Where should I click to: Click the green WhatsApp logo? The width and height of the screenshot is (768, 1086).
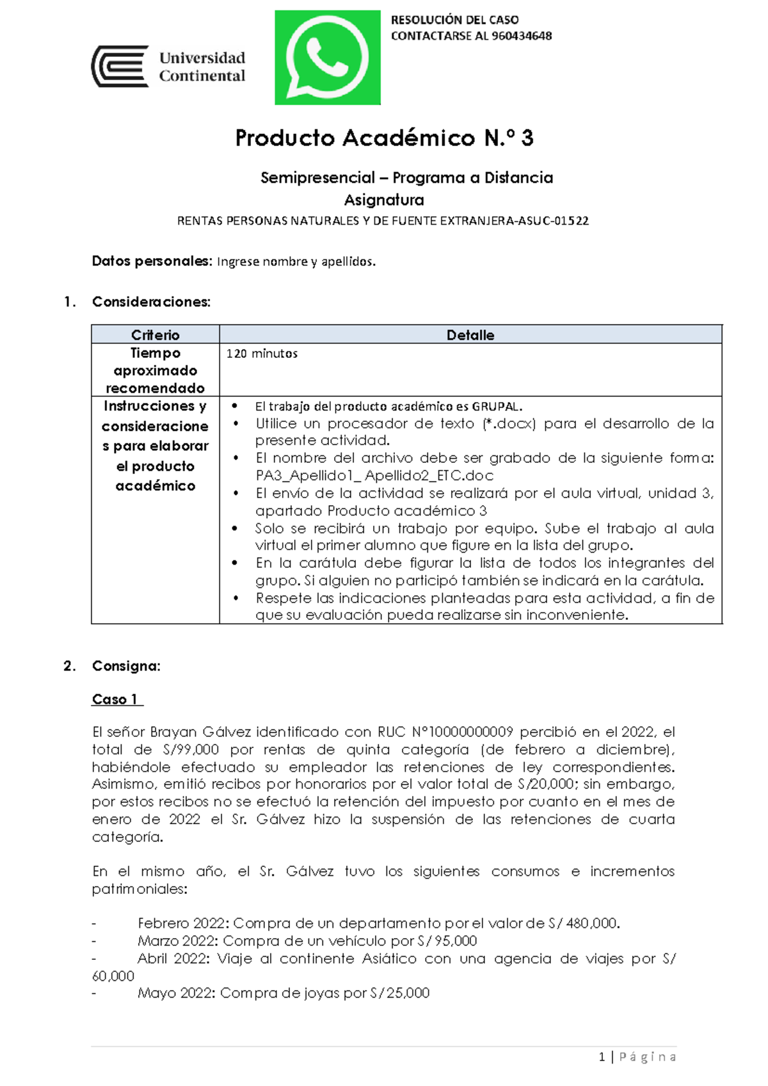pyautogui.click(x=327, y=58)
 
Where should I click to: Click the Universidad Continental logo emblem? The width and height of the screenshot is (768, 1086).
pyautogui.click(x=120, y=67)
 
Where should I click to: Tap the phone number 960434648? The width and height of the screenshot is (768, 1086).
pyautogui.click(x=522, y=36)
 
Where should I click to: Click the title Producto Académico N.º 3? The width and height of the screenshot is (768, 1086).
pyautogui.click(x=384, y=138)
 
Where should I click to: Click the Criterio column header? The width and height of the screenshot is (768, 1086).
pyautogui.click(x=155, y=335)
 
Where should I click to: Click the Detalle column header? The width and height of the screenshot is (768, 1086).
pyautogui.click(x=470, y=335)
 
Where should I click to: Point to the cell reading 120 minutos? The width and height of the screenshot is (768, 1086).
pyautogui.click(x=262, y=353)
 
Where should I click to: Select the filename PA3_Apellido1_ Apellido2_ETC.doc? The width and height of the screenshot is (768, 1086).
pyautogui.click(x=374, y=476)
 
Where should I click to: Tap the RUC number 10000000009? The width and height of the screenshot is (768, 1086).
pyautogui.click(x=470, y=732)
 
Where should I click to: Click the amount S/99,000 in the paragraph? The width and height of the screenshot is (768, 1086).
pyautogui.click(x=191, y=750)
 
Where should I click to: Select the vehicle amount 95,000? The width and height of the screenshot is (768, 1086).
pyautogui.click(x=456, y=941)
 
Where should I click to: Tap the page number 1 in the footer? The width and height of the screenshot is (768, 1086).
pyautogui.click(x=602, y=1057)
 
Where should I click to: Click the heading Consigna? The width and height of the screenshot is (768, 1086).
pyautogui.click(x=126, y=666)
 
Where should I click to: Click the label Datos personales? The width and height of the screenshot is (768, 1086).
pyautogui.click(x=151, y=261)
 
